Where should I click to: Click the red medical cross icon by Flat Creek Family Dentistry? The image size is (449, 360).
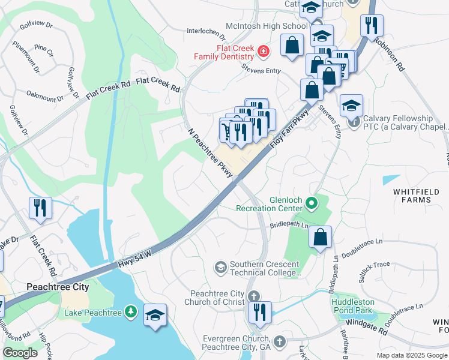(x=262, y=52)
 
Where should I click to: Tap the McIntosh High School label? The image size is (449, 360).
(x=266, y=26)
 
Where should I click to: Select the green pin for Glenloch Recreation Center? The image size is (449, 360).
(x=311, y=203)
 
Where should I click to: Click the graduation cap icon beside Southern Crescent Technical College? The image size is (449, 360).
(x=221, y=266)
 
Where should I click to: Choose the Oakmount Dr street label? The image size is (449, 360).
(x=45, y=96)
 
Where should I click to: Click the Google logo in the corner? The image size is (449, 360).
(x=20, y=353)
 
